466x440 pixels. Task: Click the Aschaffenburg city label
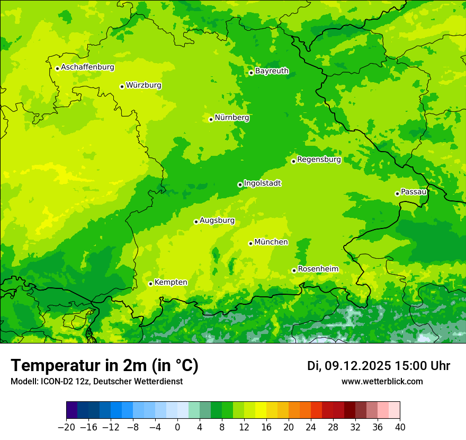87,67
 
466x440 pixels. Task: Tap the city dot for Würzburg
122,86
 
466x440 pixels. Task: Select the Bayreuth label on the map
272,71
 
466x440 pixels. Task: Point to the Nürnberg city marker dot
211,119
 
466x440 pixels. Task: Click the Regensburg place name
319,160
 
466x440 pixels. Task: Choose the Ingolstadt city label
262,183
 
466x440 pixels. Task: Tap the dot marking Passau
397,193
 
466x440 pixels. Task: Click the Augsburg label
217,221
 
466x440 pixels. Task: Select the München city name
271,242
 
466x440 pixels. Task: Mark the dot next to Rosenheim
294,270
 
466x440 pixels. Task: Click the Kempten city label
171,283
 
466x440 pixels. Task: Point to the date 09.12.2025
358,366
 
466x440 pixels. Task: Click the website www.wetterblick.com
382,381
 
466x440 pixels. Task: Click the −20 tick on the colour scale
66,427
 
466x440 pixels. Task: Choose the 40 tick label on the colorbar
400,427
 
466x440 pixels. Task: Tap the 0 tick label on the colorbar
177,427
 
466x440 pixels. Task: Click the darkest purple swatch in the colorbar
72,410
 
